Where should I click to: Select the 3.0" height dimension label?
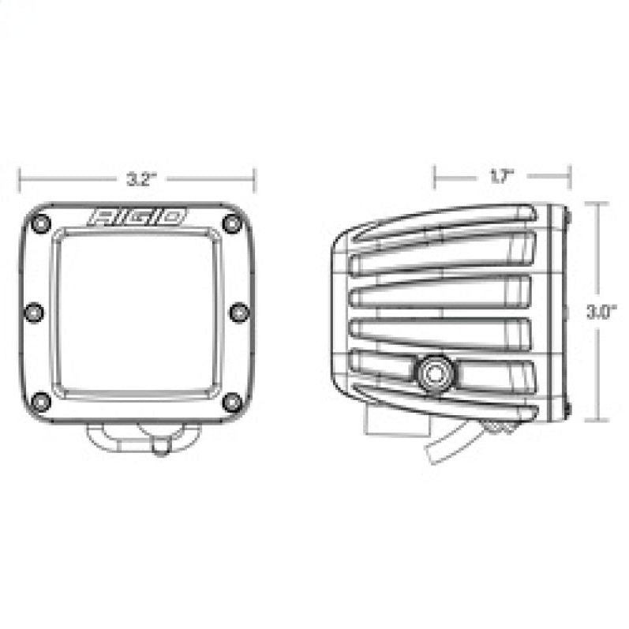tap(597, 311)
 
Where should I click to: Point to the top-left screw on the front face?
tap(43, 223)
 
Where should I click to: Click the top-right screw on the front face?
tap(231, 223)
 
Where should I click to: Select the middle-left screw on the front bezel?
tap(33, 313)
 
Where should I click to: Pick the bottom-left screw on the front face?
tap(43, 402)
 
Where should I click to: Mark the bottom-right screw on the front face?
tap(231, 402)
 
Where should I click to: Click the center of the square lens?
tap(137, 313)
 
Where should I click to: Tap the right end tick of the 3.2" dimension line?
tap(253, 179)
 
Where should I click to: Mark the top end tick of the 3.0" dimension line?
tap(597, 203)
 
